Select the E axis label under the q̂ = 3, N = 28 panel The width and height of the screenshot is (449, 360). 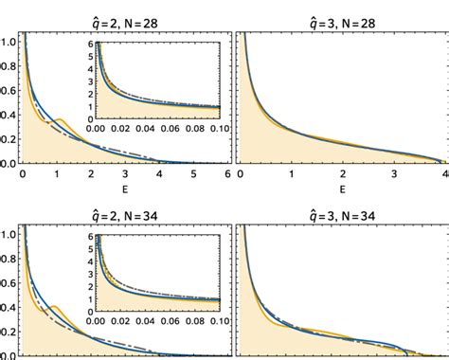(341, 189)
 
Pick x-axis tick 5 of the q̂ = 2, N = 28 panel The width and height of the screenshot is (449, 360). (193, 175)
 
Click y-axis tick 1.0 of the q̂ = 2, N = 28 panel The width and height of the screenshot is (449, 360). (9, 42)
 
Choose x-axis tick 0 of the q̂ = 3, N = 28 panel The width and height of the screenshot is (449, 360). (240, 175)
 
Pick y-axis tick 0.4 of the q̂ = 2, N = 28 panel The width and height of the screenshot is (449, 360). (9, 115)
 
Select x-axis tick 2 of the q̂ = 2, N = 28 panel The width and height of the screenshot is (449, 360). (91, 175)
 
